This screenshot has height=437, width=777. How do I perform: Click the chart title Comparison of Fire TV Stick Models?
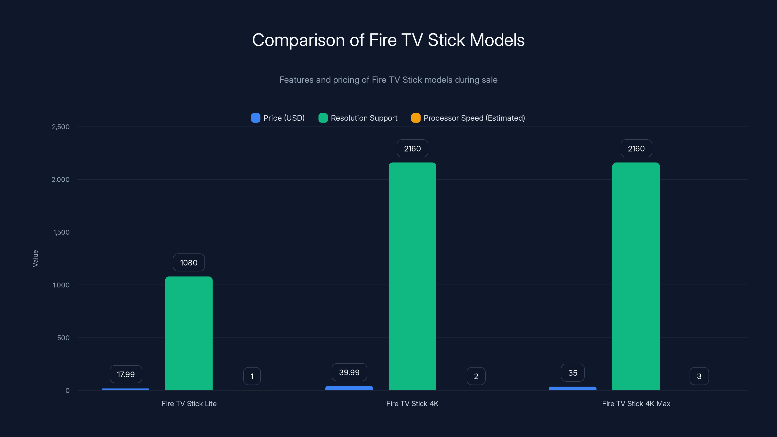[x=388, y=40]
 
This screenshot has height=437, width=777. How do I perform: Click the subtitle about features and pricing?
[x=388, y=80]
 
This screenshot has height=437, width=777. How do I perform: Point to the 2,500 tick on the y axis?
[x=61, y=127]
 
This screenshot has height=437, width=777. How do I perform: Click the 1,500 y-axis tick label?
[x=61, y=232]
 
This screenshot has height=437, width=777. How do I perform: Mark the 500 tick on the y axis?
[x=63, y=338]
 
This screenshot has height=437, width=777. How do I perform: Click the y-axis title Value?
[x=35, y=258]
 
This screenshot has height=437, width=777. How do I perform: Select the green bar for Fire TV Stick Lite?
[x=189, y=333]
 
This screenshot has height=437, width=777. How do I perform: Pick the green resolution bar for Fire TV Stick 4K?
[x=412, y=276]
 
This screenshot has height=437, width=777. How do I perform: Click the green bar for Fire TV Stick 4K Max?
[x=636, y=276]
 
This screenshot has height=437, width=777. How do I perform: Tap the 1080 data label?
[x=189, y=263]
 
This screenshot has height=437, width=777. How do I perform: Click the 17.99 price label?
[x=126, y=374]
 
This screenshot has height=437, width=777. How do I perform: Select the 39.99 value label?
[x=349, y=372]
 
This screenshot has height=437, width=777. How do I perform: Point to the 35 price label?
[x=573, y=373]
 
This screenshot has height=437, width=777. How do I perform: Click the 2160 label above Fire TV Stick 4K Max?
[x=636, y=149]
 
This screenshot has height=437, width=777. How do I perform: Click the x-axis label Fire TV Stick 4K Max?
[x=636, y=404]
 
